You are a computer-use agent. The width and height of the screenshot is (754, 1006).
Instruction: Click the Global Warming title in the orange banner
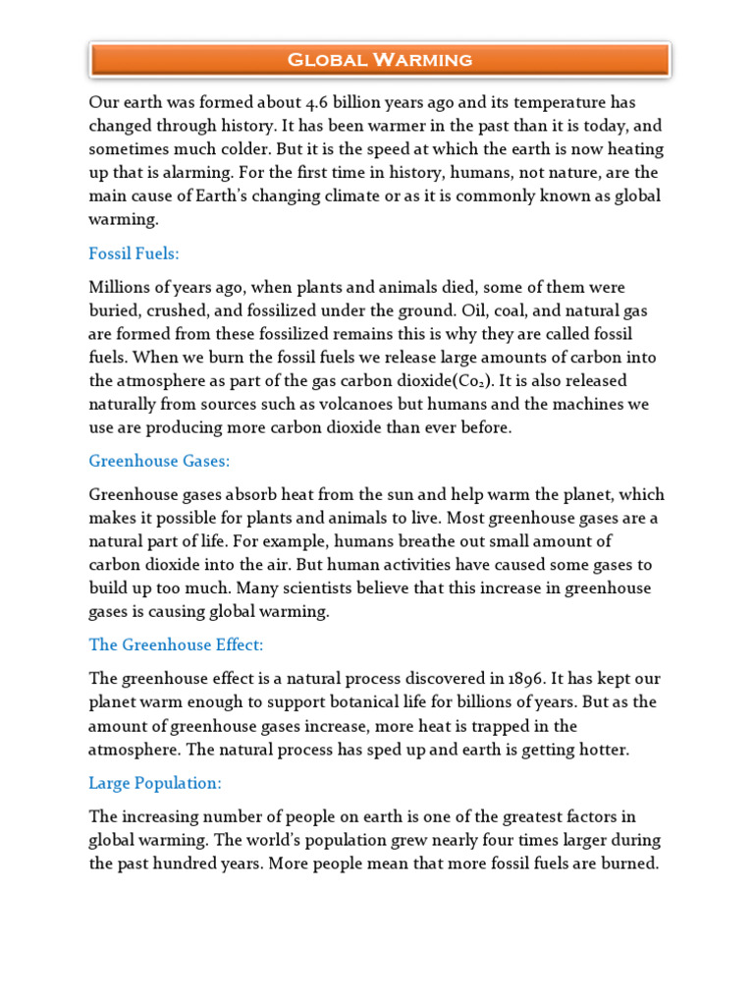point(379,60)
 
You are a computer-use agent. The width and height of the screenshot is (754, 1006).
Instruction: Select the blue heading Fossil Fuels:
point(134,253)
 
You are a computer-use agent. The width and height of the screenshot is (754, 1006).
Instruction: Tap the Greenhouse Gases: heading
point(159,461)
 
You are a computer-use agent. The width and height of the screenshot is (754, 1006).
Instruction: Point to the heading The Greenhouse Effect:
point(177,644)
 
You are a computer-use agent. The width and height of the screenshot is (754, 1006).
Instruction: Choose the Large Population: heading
point(155,783)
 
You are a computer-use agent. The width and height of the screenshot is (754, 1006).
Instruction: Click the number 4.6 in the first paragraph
point(317,102)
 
